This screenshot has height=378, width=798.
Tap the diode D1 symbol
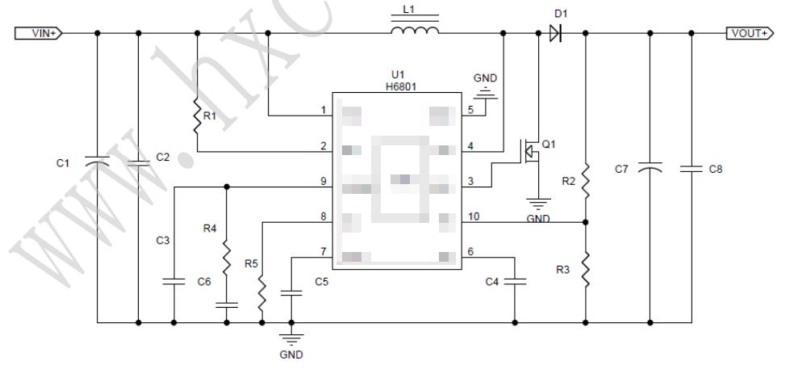coord(554,33)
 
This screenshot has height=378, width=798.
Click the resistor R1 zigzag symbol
coord(197,115)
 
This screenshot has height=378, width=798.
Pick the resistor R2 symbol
coord(585,181)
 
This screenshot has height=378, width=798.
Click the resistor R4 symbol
coord(227,258)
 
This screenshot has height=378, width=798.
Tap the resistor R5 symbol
coord(262,296)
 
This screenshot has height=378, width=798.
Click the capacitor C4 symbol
coord(515,281)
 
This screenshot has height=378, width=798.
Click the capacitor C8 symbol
coord(691,169)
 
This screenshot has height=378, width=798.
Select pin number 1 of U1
coord(324,110)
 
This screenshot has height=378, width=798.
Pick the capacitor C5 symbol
coord(295,294)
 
